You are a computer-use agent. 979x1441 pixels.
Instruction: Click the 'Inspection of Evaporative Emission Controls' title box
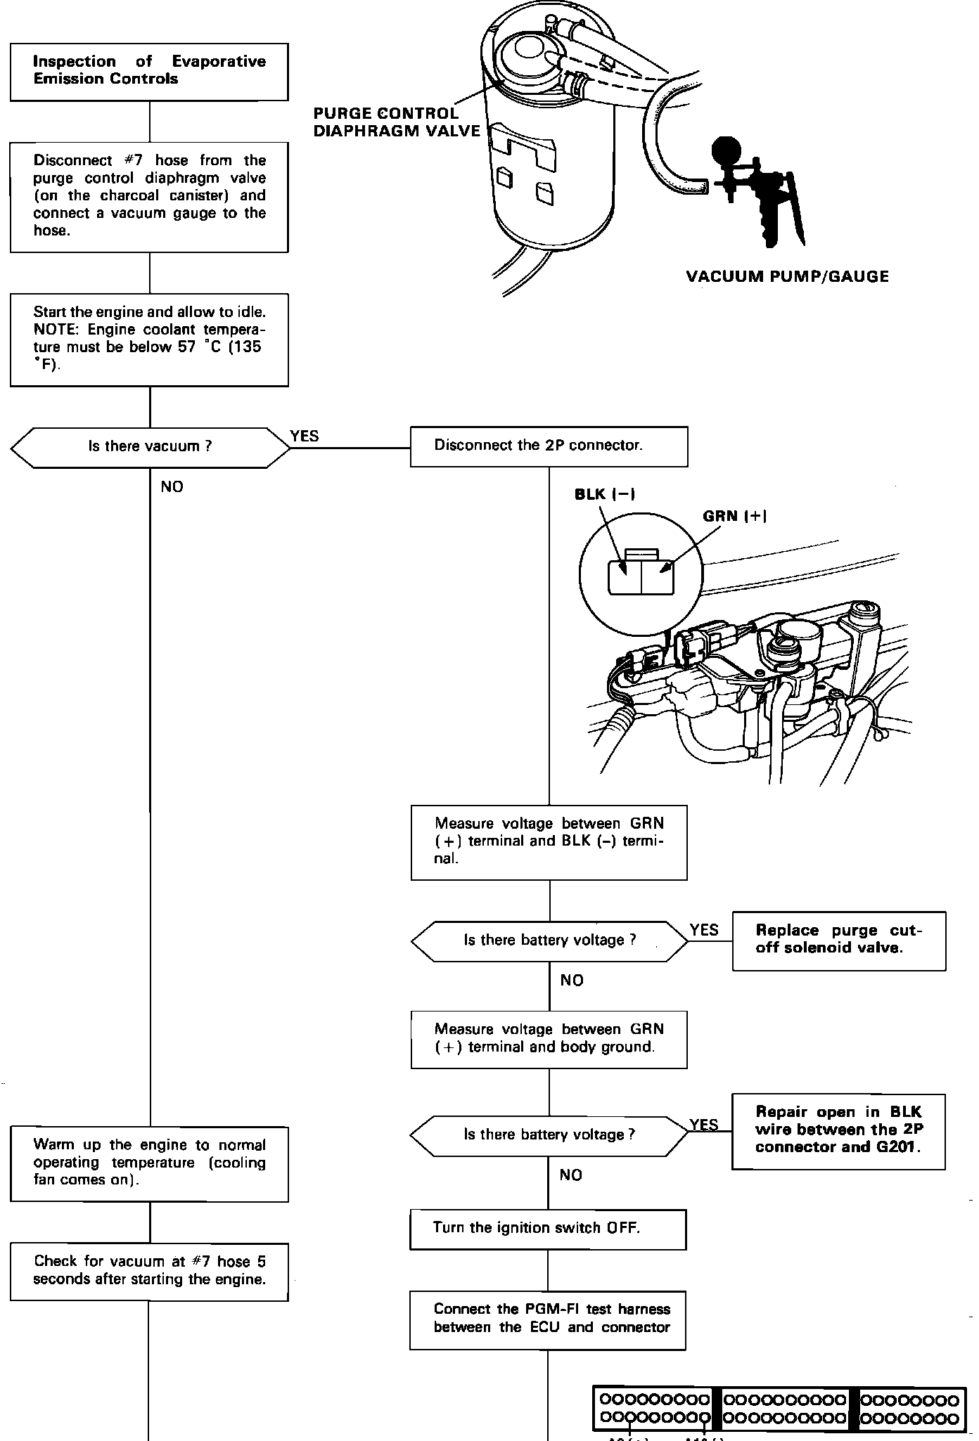coord(149,71)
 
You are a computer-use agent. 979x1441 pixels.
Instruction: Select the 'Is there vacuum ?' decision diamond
coord(150,447)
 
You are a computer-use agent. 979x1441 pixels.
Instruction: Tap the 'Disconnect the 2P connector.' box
coord(549,446)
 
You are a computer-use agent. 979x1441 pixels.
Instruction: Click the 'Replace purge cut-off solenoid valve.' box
coord(838,941)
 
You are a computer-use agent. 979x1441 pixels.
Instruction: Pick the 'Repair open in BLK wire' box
coord(838,1131)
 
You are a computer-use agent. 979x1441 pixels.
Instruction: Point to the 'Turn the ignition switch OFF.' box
coord(548,1229)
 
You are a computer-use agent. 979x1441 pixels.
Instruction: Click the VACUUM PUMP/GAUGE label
coord(787,276)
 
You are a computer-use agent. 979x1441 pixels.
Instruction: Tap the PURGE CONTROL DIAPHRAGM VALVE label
coord(397,122)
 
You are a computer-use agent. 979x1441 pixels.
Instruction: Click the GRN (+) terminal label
coord(734,517)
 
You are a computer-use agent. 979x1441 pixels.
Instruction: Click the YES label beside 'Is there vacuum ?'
coord(305,437)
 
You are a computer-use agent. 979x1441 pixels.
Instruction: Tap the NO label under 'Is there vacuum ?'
coord(172,487)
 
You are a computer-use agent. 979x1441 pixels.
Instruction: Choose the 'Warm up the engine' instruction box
coord(149,1163)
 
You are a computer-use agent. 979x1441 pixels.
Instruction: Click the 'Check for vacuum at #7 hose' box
coord(149,1271)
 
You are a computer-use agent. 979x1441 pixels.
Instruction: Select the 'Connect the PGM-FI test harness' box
coord(548,1319)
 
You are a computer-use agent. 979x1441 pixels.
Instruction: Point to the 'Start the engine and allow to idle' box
coord(149,340)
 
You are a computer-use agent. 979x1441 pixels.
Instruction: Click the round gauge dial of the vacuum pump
coord(727,150)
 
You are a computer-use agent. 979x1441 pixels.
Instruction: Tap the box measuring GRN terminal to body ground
coord(549,1039)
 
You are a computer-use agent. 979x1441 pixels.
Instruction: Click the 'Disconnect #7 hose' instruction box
coord(149,196)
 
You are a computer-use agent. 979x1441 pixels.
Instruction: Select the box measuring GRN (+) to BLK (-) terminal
coord(549,841)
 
